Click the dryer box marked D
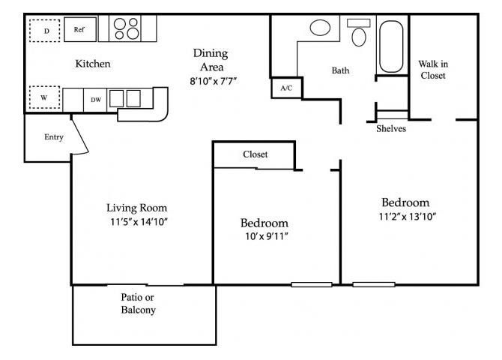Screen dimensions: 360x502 click(46, 30)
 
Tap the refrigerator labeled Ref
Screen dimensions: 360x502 click(78, 30)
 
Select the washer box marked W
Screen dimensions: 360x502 click(44, 97)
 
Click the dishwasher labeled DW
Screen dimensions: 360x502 click(96, 99)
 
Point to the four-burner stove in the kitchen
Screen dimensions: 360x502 click(126, 28)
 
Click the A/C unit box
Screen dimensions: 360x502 click(286, 88)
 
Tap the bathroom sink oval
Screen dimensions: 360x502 click(321, 29)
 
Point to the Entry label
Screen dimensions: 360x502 click(54, 137)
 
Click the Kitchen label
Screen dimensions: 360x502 click(93, 64)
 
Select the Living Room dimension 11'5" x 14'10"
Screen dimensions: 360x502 click(136, 222)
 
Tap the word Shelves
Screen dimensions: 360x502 click(391, 128)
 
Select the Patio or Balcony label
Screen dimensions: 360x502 click(139, 303)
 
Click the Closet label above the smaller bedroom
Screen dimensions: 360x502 click(255, 154)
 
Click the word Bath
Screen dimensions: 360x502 click(341, 71)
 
